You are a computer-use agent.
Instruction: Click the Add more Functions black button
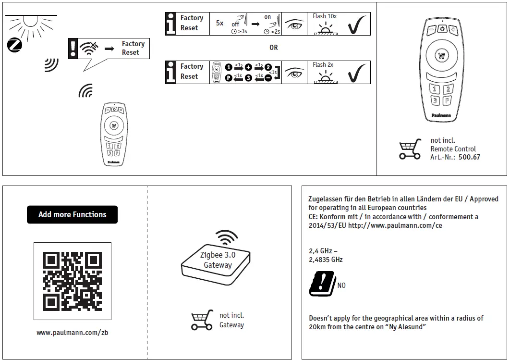click(72, 214)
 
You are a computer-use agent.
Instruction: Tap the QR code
click(72, 281)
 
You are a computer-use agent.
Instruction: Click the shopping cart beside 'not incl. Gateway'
click(202, 320)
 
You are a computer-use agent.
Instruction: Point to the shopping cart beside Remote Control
click(410, 149)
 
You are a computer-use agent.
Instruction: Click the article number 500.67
click(469, 157)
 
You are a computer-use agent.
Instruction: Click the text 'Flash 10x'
click(325, 16)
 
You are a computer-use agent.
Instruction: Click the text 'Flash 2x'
click(323, 65)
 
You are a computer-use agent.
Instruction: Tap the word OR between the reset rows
click(273, 48)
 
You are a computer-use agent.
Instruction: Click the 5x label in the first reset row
click(219, 23)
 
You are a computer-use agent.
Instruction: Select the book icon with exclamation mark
click(322, 283)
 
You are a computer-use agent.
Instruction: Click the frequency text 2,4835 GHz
click(326, 260)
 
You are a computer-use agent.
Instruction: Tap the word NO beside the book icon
click(341, 286)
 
